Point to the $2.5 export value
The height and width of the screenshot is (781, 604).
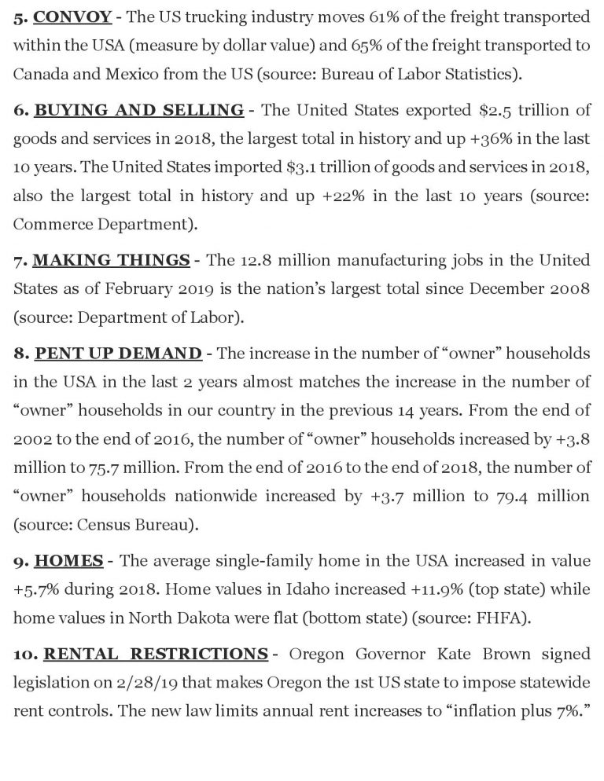[x=473, y=109]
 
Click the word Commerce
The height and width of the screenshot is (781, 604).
[x=50, y=225]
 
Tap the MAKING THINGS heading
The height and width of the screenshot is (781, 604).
[x=111, y=260]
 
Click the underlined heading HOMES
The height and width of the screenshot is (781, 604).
[x=70, y=561]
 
